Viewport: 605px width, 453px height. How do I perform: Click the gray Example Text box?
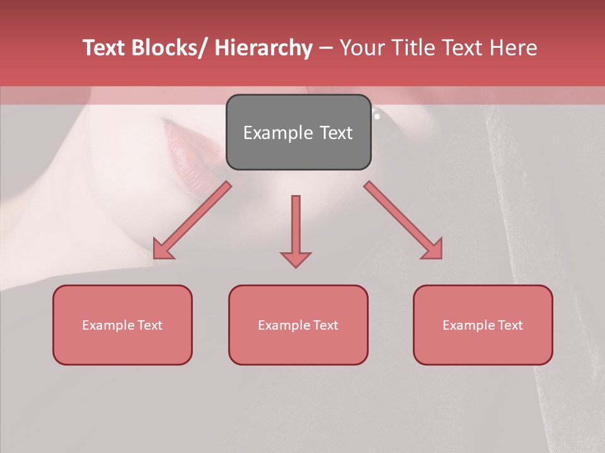(298, 132)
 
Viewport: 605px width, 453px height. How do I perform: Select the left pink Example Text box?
(122, 325)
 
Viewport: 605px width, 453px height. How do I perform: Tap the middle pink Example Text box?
(298, 325)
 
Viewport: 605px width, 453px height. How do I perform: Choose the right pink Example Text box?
(483, 325)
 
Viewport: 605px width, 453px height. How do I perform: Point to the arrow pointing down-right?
(403, 220)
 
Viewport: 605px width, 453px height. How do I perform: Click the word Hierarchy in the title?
(263, 48)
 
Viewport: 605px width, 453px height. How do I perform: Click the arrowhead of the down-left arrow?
(163, 249)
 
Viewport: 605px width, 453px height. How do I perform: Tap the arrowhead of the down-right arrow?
(432, 249)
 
